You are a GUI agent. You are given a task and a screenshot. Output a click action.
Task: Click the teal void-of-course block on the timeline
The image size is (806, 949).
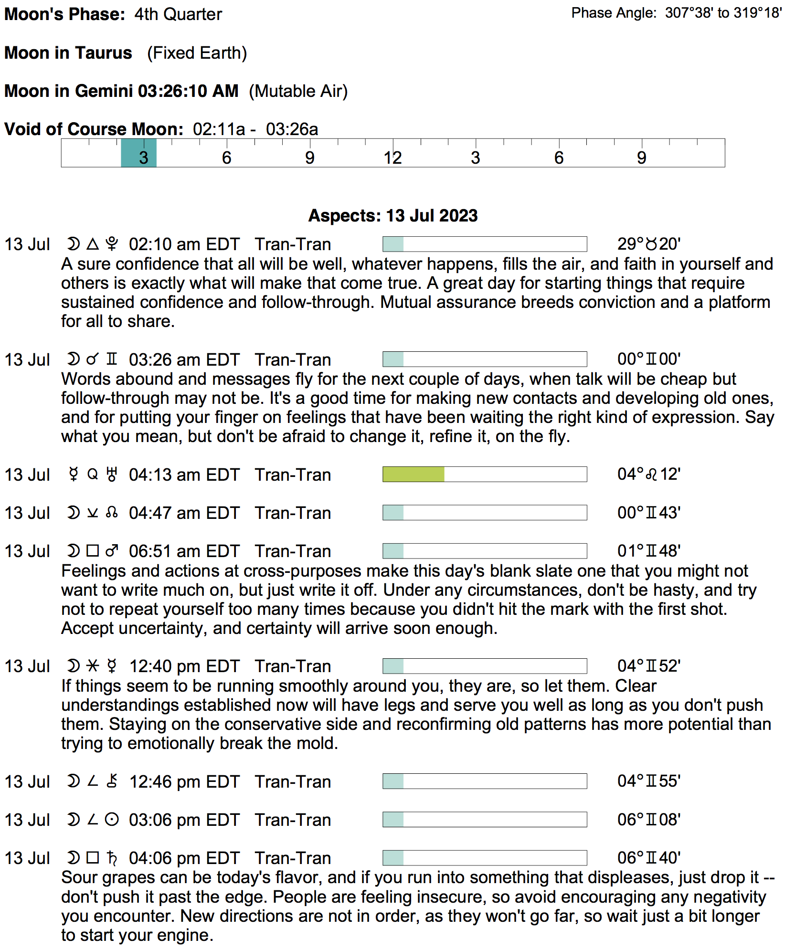[x=138, y=153]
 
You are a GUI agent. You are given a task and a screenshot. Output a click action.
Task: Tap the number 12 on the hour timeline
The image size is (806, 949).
[x=392, y=158]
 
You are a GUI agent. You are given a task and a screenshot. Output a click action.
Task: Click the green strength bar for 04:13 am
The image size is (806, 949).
[x=414, y=474]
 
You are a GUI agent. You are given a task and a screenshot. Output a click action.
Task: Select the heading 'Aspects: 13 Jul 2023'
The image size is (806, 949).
[x=392, y=216]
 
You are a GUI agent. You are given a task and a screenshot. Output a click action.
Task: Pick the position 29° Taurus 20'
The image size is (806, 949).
[x=648, y=244]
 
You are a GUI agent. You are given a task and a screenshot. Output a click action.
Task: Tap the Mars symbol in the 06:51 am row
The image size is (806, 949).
[x=112, y=551]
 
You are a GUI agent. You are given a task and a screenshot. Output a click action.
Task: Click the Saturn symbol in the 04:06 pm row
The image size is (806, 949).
[x=112, y=858]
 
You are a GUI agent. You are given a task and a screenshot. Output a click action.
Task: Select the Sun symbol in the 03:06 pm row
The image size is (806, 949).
[x=112, y=820]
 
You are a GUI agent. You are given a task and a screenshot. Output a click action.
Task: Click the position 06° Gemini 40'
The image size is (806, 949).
[x=648, y=858]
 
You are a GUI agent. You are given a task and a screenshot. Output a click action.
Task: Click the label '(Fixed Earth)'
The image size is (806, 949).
[x=197, y=53]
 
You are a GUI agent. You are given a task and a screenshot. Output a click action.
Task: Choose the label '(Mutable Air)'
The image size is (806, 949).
[x=298, y=91]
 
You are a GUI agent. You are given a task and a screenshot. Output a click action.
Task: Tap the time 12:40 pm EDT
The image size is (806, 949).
[x=184, y=666]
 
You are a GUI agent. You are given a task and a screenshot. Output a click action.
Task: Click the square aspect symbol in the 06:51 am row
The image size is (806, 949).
[x=93, y=551]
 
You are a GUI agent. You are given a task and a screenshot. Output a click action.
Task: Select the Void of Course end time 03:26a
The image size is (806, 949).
[x=292, y=129]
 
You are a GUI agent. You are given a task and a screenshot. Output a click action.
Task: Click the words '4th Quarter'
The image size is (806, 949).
[x=178, y=14]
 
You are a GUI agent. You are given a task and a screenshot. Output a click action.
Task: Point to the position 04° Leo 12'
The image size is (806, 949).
[x=648, y=474]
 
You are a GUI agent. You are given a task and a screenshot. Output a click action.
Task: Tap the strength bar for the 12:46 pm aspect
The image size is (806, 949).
[x=484, y=781]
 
